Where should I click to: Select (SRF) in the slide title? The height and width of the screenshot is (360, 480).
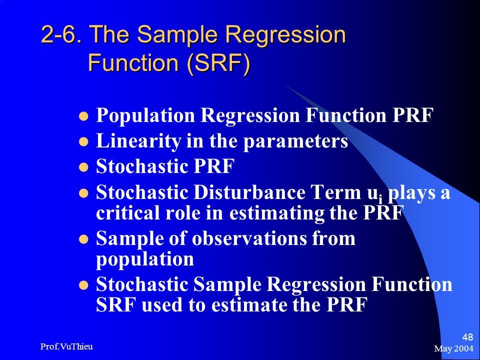pyautogui.click(x=218, y=62)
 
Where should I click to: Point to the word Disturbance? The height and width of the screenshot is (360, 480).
pyautogui.click(x=249, y=192)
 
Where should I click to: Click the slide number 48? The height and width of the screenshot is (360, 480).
pyautogui.click(x=468, y=337)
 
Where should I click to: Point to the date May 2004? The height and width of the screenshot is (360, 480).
pyautogui.click(x=453, y=348)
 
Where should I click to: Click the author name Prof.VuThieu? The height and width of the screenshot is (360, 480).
pyautogui.click(x=66, y=346)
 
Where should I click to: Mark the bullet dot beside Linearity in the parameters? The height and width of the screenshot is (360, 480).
pyautogui.click(x=83, y=141)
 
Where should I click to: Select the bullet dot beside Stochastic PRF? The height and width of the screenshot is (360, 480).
pyautogui.click(x=83, y=167)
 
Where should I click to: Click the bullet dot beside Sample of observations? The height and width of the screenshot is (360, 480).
pyautogui.click(x=83, y=239)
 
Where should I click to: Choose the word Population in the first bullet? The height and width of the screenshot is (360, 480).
pyautogui.click(x=145, y=116)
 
